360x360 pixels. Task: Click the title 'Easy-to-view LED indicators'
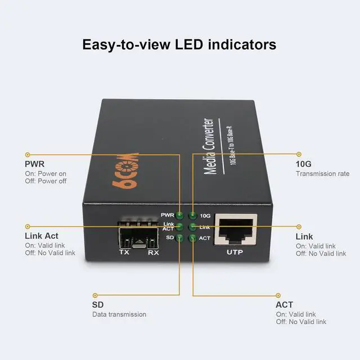179,44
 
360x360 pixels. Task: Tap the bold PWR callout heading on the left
34,164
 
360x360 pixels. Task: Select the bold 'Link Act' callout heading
41,236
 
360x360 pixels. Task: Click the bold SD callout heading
98,304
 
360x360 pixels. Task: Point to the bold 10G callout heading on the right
304,164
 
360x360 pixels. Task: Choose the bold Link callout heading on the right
304,237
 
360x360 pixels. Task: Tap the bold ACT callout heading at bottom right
284,304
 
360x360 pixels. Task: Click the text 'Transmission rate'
322,174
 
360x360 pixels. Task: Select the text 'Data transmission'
119,314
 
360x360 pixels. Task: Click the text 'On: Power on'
46,174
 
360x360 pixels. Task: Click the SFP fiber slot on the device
139,237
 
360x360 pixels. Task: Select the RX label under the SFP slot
153,253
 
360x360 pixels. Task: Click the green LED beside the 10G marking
192,215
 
